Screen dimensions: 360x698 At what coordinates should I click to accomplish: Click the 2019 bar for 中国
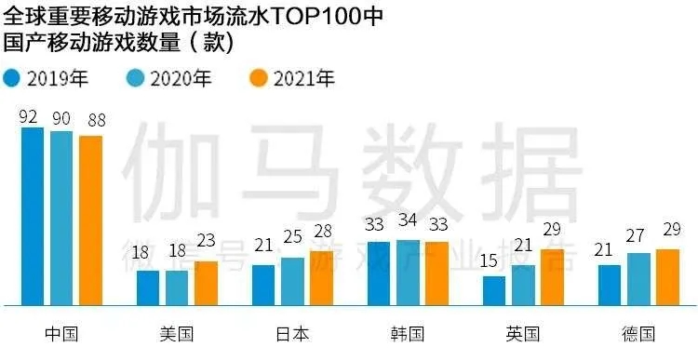tap(33, 216)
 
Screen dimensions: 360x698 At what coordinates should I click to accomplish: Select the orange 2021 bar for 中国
tap(90, 220)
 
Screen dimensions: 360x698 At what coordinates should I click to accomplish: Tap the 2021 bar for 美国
tap(206, 283)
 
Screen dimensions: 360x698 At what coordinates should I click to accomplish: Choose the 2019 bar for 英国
tap(494, 290)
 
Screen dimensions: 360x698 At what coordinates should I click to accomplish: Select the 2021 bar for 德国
tap(667, 276)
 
